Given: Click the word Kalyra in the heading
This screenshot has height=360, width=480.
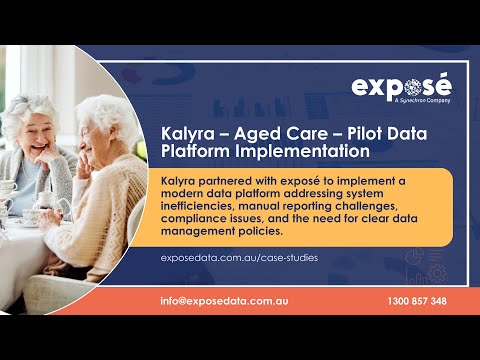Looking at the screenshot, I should coord(187,133).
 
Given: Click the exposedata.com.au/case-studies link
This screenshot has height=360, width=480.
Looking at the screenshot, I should coord(239,258).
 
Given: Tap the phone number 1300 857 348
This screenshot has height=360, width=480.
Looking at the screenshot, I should coord(416,301).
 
